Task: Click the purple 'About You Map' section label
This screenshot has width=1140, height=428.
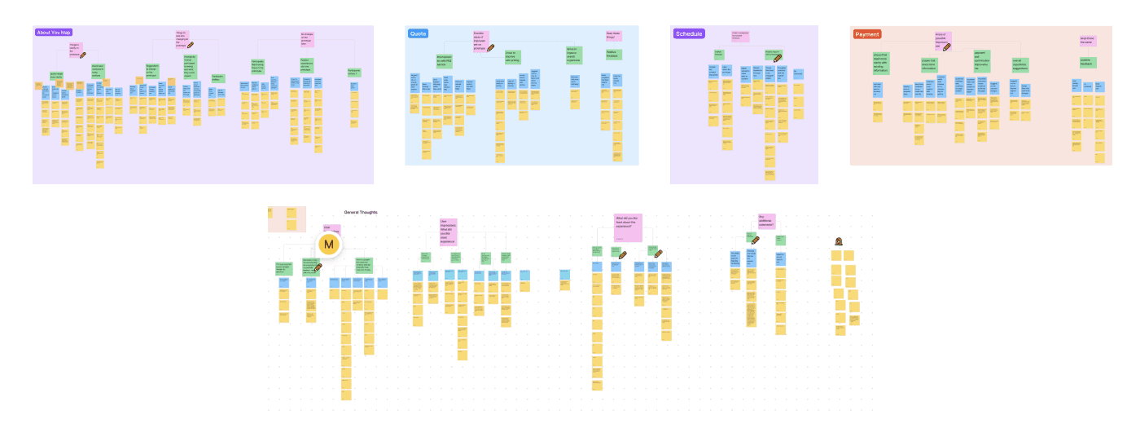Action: [x=55, y=33]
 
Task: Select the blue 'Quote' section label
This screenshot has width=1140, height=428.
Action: [x=418, y=33]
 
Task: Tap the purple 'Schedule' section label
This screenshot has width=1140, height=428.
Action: [x=688, y=33]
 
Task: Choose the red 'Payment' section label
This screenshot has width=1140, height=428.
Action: [x=866, y=34]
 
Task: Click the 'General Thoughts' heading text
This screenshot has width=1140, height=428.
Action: [x=361, y=212]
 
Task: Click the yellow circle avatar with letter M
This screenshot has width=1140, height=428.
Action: [x=329, y=244]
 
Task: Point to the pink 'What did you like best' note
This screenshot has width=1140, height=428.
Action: [x=628, y=227]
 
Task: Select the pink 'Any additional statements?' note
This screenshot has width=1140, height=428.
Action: [x=766, y=221]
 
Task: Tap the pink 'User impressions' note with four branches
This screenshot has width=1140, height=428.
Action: [x=448, y=232]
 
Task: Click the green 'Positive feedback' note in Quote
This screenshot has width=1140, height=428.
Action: [x=613, y=55]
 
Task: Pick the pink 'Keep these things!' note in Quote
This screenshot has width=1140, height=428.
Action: [x=613, y=36]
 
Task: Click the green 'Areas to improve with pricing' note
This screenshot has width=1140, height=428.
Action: [x=512, y=56]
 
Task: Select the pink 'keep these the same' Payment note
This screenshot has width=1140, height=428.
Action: [x=1087, y=40]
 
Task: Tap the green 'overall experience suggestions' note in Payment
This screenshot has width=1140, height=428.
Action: [x=1021, y=63]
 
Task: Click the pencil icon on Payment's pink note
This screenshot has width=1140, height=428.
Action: [x=947, y=47]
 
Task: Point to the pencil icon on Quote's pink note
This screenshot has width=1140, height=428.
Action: [x=490, y=47]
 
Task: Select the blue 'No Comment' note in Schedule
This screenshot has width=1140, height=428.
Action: [x=798, y=74]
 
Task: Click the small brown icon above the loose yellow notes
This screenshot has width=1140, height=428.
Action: [x=838, y=241]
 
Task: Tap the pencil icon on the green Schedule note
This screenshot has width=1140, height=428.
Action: [x=778, y=58]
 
